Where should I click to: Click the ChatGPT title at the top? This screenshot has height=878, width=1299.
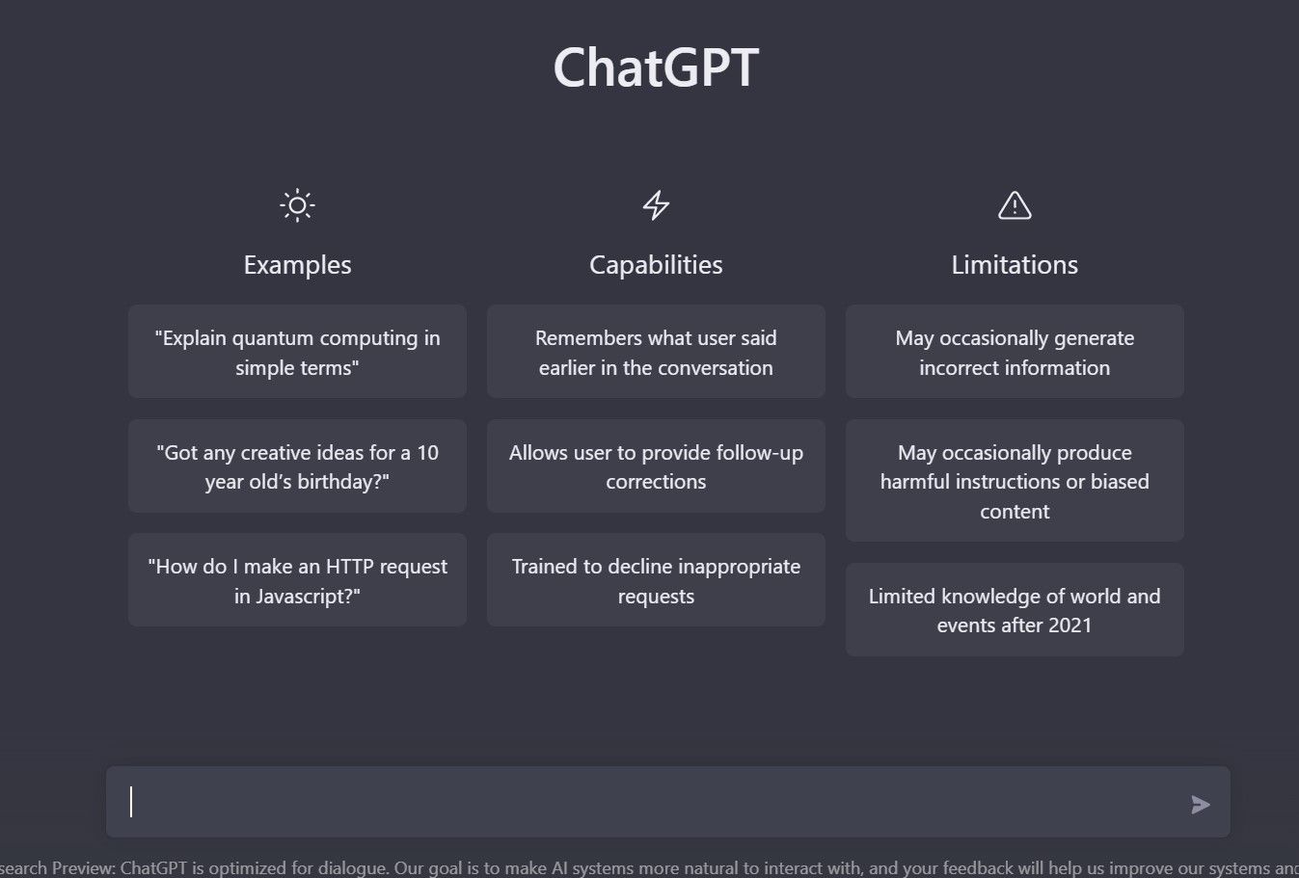pos(656,68)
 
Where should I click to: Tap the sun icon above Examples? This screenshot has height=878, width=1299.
pos(297,205)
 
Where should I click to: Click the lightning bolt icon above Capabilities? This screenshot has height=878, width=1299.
pos(656,205)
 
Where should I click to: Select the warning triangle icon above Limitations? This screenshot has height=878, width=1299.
pos(1015,205)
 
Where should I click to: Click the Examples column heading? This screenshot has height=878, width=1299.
pos(297,265)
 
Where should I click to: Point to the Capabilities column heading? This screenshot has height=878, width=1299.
pos(656,265)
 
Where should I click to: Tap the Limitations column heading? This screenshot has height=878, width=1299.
pos(1015,265)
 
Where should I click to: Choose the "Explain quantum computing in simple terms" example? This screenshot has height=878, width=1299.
pos(297,352)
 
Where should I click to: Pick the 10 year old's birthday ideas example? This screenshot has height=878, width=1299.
pos(297,466)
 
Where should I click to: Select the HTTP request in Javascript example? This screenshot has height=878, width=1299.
pos(297,580)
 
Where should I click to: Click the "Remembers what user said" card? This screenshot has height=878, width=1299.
pos(656,352)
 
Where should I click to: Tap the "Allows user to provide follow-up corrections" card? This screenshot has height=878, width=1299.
pos(656,466)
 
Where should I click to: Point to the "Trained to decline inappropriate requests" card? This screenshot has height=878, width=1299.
pos(656,580)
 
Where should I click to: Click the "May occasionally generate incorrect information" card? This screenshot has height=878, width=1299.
pos(1015,352)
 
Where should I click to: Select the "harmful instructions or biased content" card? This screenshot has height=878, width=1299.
pos(1015,481)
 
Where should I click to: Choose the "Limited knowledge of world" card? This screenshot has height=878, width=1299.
pos(1015,610)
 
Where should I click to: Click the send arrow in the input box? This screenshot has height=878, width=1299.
pos(1200,805)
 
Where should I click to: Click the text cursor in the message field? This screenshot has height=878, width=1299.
pos(132,802)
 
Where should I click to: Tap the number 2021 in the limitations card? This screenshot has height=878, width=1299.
pos(1069,625)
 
